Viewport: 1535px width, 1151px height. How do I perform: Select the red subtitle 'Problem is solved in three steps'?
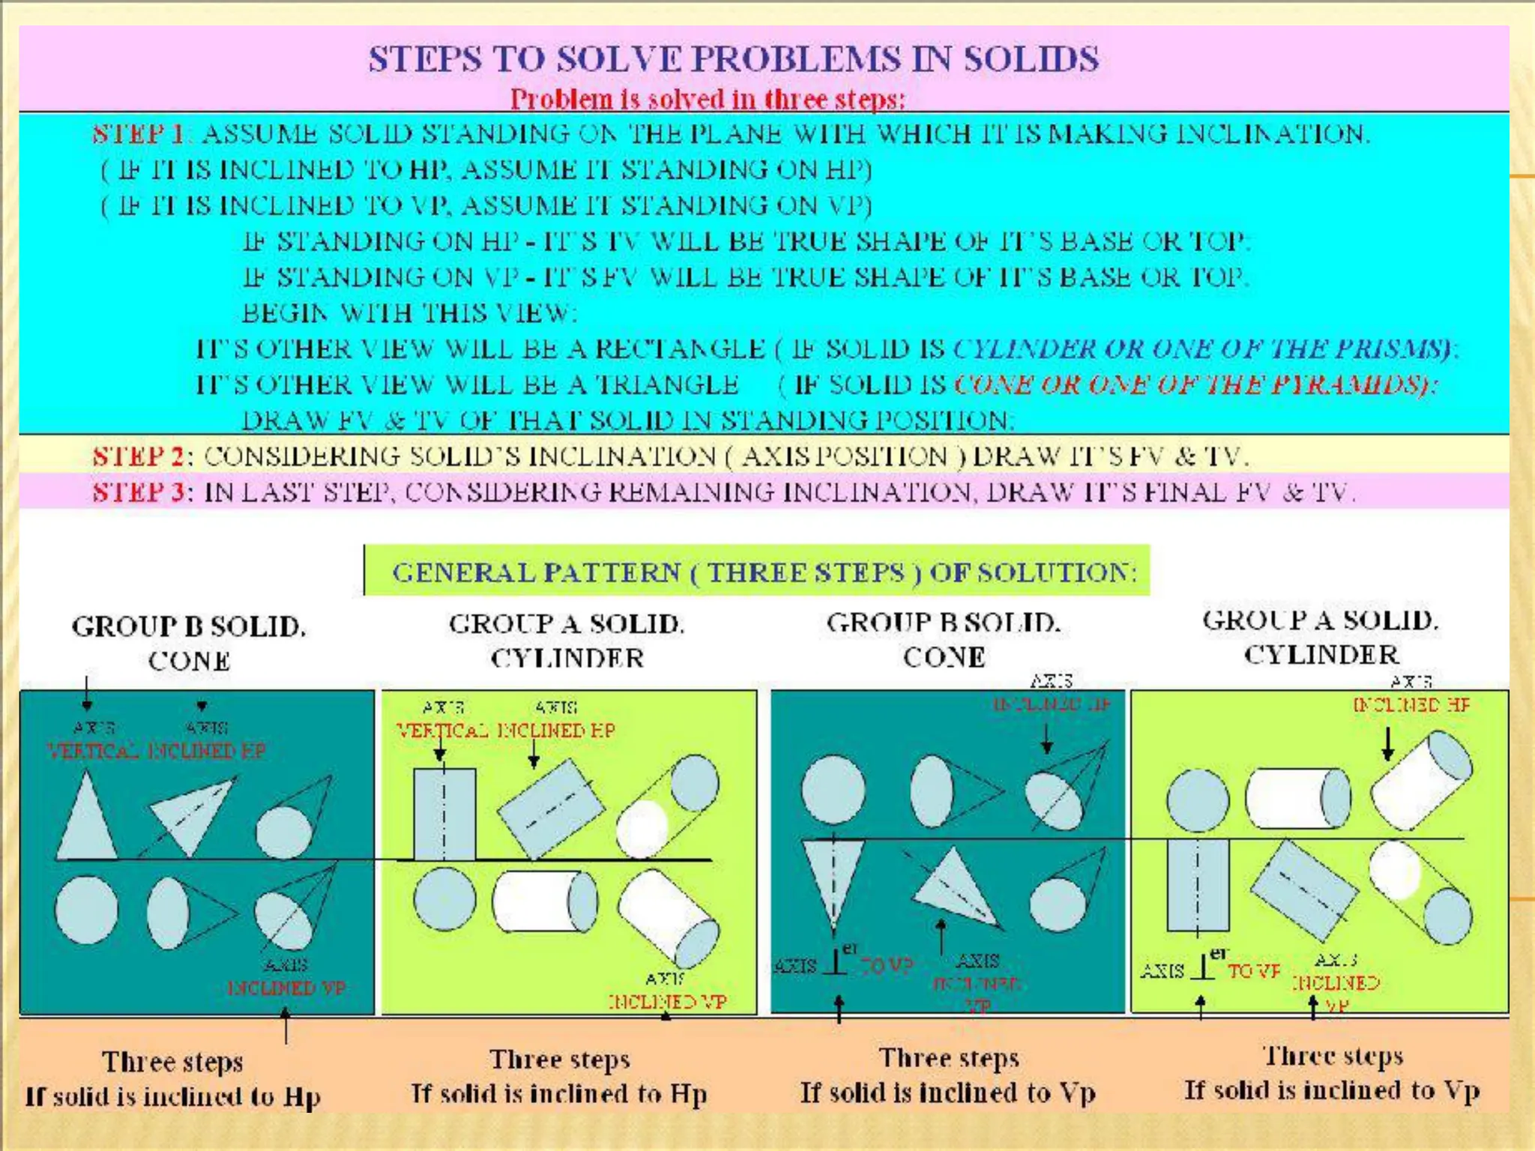click(x=708, y=99)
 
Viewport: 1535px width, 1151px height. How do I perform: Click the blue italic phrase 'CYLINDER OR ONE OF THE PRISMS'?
click(x=1203, y=348)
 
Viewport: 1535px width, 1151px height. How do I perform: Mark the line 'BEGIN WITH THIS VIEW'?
click(x=409, y=312)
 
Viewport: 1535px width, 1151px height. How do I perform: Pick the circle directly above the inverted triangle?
click(x=833, y=789)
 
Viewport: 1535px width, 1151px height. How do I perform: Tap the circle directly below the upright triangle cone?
click(x=87, y=910)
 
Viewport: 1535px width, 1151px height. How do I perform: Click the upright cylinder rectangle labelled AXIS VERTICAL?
click(x=444, y=815)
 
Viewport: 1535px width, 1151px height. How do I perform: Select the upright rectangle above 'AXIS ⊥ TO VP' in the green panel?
click(x=1198, y=884)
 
